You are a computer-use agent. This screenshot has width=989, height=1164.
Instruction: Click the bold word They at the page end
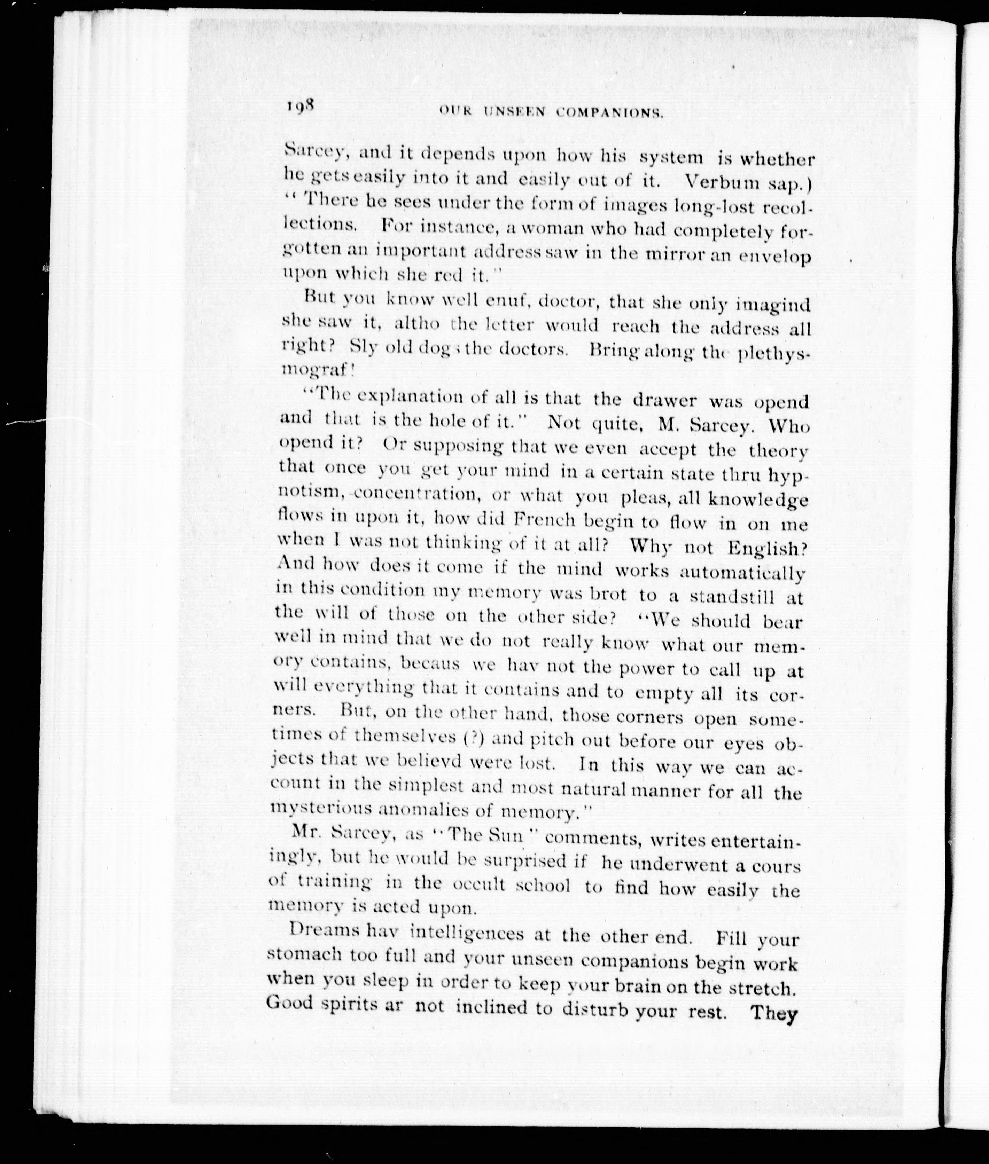coord(774,1013)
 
